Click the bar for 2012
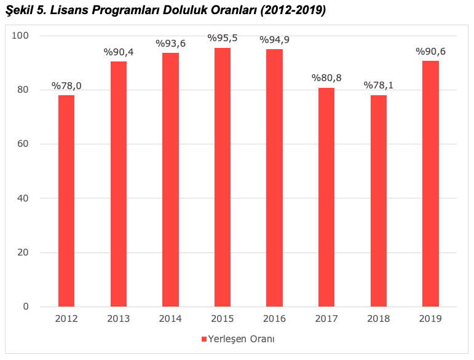66,200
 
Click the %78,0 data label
66,85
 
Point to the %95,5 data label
223,38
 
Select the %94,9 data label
275,40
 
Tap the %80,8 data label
326,78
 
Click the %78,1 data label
379,85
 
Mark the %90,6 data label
430,52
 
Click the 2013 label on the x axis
119,319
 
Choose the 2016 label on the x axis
275,319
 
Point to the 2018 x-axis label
379,319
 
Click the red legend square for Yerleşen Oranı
203,339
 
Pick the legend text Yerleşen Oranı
240,339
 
